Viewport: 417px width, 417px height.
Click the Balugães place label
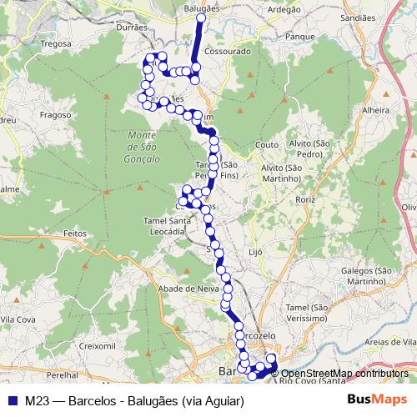click(200, 8)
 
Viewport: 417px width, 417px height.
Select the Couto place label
click(267, 144)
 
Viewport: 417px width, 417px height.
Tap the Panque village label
click(299, 38)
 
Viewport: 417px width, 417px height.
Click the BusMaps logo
click(378, 399)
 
